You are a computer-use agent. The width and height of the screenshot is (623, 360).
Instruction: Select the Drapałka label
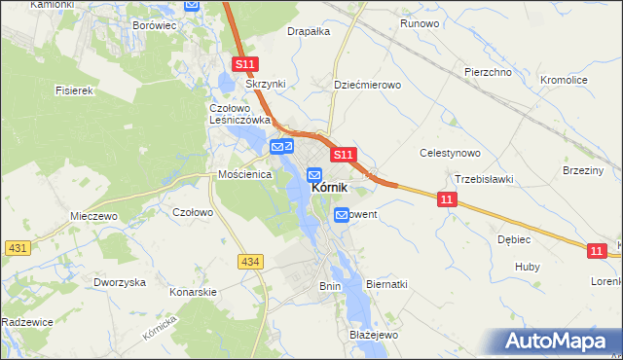(x=309, y=31)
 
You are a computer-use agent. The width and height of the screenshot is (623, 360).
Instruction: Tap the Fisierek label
(x=73, y=90)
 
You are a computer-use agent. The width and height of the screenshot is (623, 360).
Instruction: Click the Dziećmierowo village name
(x=368, y=85)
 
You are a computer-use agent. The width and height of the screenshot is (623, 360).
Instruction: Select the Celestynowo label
(x=450, y=153)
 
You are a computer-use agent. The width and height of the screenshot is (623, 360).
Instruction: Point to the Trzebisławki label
(x=484, y=179)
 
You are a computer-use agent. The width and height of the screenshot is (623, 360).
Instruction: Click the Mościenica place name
(x=244, y=175)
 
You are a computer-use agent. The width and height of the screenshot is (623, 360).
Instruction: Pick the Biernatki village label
(x=386, y=284)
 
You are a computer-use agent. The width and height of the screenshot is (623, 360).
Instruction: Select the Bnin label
(x=330, y=286)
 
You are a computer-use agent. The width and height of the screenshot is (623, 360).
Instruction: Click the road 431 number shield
(x=16, y=249)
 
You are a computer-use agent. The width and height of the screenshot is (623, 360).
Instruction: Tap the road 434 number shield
(x=250, y=261)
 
